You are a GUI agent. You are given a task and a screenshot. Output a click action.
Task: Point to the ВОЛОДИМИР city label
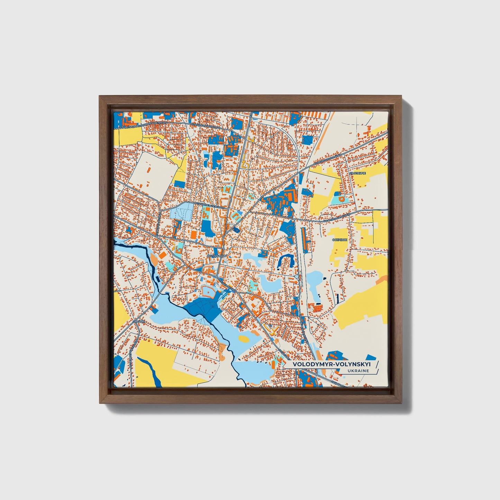pos(216,256)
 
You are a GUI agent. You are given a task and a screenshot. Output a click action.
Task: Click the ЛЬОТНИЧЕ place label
pos(357,173)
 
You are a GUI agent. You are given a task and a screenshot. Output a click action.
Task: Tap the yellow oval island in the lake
pos(244,338)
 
